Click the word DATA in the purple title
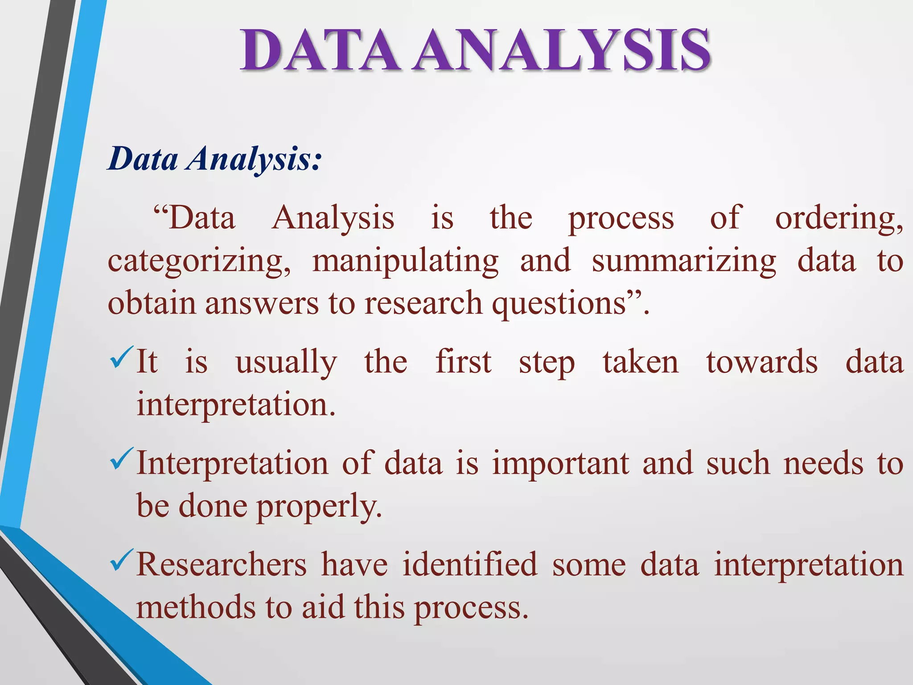point(319,50)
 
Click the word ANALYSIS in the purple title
point(561,50)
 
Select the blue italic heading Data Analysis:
point(214,159)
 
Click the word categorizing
point(199,262)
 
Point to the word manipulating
point(405,262)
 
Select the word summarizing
point(684,262)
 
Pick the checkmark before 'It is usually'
point(121,357)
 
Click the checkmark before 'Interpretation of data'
point(121,459)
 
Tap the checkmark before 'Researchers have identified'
point(121,560)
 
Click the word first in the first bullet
point(463,362)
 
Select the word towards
point(762,362)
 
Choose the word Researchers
point(222,565)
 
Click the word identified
point(470,565)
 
